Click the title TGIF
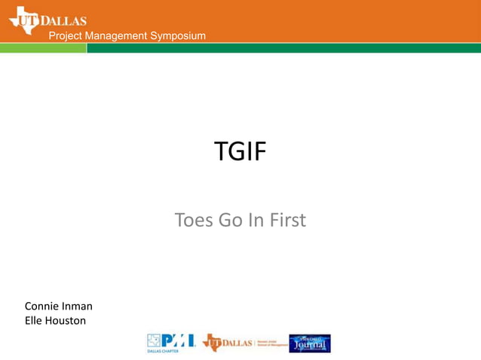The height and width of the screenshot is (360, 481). (240, 152)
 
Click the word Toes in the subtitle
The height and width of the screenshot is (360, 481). (195, 221)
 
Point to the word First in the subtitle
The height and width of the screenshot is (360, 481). (289, 221)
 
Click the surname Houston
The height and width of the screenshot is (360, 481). (66, 321)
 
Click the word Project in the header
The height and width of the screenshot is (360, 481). (66, 37)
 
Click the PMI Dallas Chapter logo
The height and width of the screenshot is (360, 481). (170, 342)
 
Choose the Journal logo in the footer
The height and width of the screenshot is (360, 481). (310, 343)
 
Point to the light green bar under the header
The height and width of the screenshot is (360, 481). (43, 47)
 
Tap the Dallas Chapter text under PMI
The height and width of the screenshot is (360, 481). (158, 350)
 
